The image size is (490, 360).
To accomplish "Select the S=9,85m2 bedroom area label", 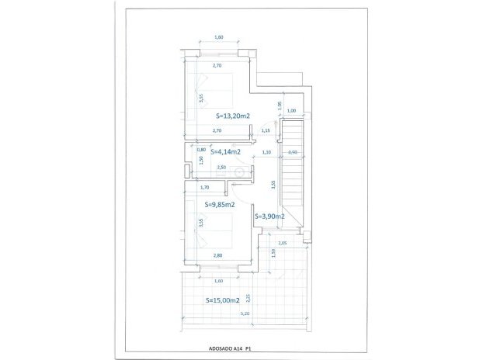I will click(219, 205).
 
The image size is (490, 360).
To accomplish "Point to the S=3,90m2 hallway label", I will click(270, 216).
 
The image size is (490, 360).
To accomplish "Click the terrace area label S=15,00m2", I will click(222, 299).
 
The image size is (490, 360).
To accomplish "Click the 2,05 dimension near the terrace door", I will click(282, 244).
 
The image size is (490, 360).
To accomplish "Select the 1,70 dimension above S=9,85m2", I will click(205, 187).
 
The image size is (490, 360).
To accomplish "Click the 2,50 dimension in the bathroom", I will click(221, 167).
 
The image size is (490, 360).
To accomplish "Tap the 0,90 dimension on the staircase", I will click(292, 152).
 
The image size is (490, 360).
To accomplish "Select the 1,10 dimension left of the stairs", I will click(266, 152).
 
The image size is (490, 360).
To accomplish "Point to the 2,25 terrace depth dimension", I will click(248, 298).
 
